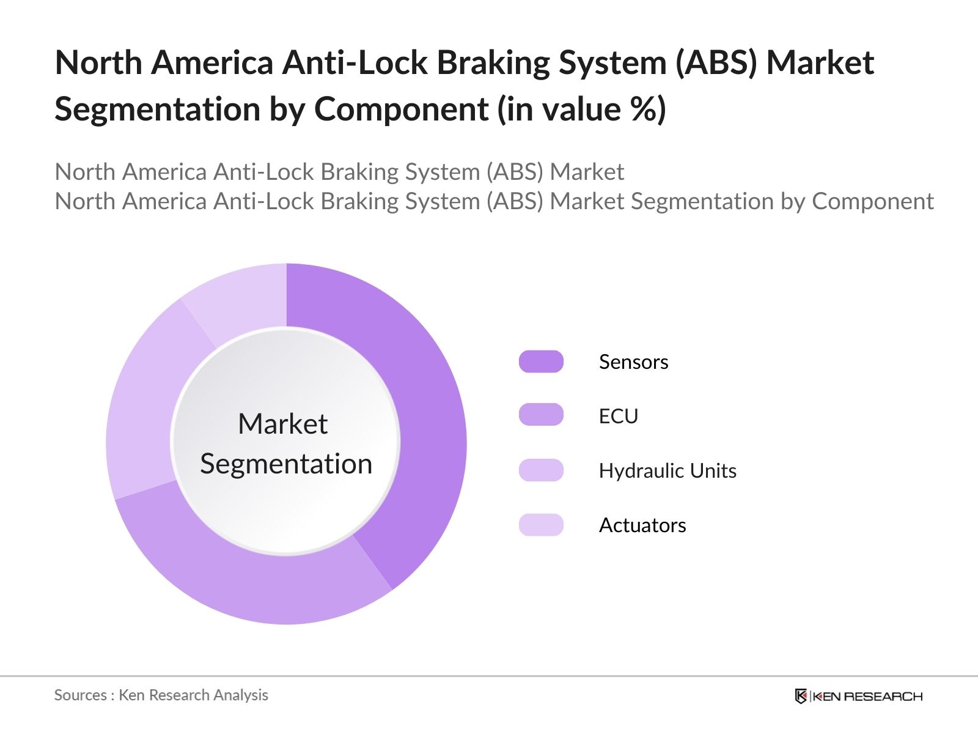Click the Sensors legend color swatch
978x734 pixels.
click(541, 361)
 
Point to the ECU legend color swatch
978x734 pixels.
click(541, 415)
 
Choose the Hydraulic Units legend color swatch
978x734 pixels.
click(541, 470)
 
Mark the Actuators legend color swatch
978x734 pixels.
click(541, 525)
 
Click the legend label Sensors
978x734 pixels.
click(633, 362)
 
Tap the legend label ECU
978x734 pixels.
click(618, 417)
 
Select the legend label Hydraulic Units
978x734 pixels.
click(667, 471)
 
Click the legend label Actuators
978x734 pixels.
click(642, 525)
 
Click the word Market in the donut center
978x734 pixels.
click(283, 424)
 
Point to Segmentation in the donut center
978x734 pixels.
click(286, 464)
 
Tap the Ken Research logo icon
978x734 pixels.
click(801, 696)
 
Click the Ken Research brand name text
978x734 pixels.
click(867, 696)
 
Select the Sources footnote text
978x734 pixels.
click(161, 695)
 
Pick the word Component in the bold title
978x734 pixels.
click(401, 109)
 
